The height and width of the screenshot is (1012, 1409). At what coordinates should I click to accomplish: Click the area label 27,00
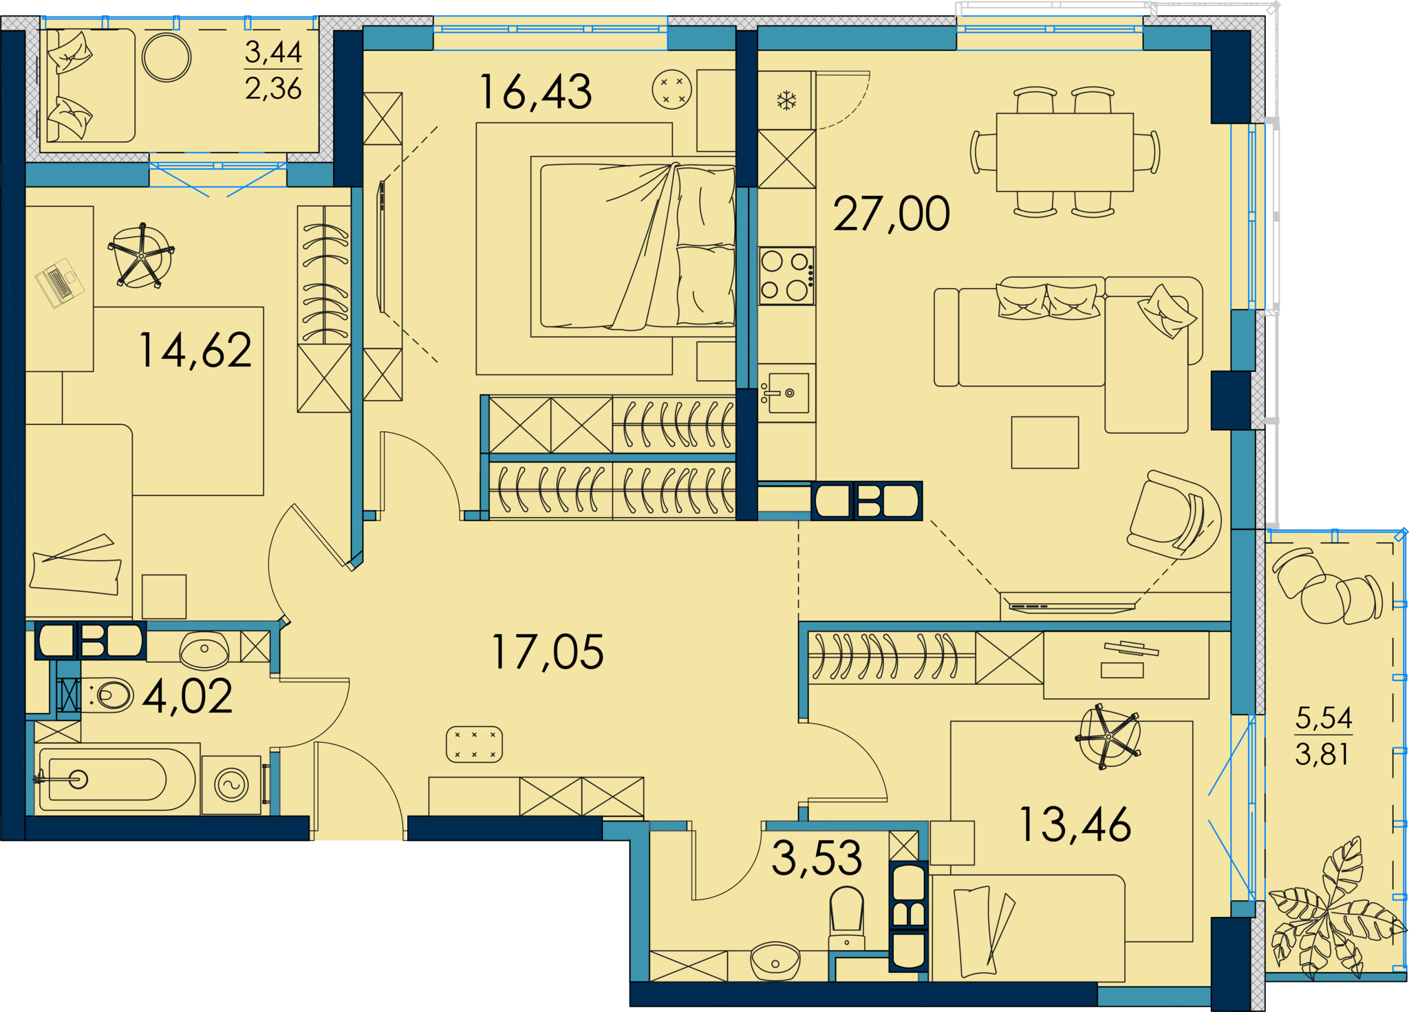[892, 214]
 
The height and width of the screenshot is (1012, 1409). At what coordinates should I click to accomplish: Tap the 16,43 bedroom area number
[535, 92]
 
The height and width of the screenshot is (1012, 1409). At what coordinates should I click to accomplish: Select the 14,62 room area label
[195, 350]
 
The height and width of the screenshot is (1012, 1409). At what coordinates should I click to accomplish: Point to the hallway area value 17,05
[548, 652]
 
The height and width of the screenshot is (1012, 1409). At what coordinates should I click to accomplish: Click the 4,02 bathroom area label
[188, 696]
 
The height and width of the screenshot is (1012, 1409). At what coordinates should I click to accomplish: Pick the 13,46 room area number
[1075, 824]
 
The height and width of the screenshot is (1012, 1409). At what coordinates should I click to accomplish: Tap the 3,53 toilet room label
[817, 858]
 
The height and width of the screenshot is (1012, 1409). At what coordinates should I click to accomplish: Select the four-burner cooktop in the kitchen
[786, 276]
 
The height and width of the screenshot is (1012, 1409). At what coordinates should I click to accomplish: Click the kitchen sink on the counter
[786, 393]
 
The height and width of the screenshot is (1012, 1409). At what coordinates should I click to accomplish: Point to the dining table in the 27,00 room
[1064, 152]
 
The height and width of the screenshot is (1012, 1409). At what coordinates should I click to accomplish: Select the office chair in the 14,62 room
[141, 255]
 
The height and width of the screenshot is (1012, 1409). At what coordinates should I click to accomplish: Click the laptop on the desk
[60, 283]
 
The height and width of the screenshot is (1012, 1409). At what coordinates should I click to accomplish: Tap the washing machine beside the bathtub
[231, 784]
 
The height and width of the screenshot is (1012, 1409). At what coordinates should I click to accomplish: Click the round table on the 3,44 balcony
[166, 57]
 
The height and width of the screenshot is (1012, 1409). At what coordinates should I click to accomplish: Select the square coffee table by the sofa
[1044, 442]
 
